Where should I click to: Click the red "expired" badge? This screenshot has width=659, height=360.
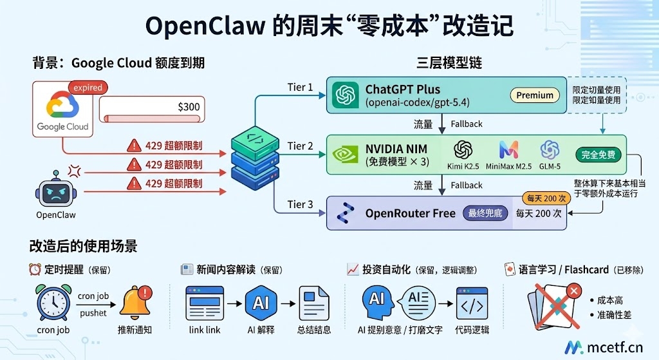point(88,88)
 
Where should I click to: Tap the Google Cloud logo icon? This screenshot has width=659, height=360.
point(63,106)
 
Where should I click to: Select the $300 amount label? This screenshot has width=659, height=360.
point(189,107)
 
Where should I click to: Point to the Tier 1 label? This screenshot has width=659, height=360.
point(300,87)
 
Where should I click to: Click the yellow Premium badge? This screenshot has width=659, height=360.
point(535,95)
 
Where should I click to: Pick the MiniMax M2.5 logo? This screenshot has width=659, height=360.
point(508,150)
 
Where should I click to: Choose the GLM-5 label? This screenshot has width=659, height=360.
point(550,167)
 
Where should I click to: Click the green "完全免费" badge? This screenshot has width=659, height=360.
point(599,155)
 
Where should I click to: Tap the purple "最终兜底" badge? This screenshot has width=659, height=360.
point(485,213)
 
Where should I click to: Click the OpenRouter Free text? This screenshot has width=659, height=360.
point(410,213)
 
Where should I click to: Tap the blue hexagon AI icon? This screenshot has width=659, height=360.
point(261,302)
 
